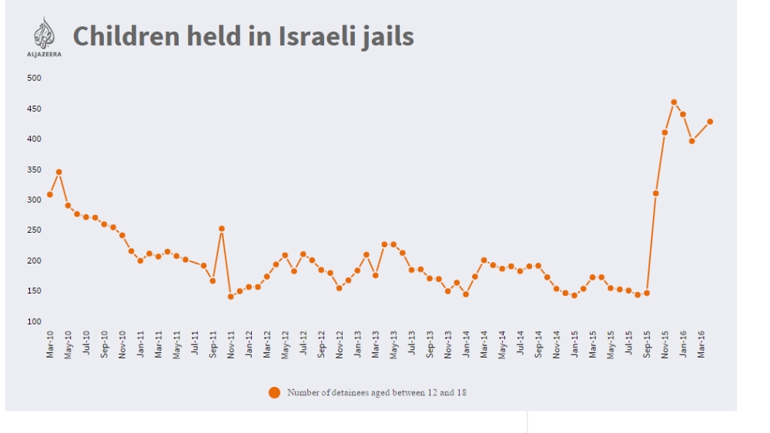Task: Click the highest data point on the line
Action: tap(674, 102)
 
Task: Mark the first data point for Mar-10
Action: tap(50, 194)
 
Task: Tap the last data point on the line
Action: tap(710, 122)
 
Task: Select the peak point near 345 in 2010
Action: tap(59, 172)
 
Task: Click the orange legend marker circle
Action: tap(274, 392)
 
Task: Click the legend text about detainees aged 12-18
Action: tap(377, 392)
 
